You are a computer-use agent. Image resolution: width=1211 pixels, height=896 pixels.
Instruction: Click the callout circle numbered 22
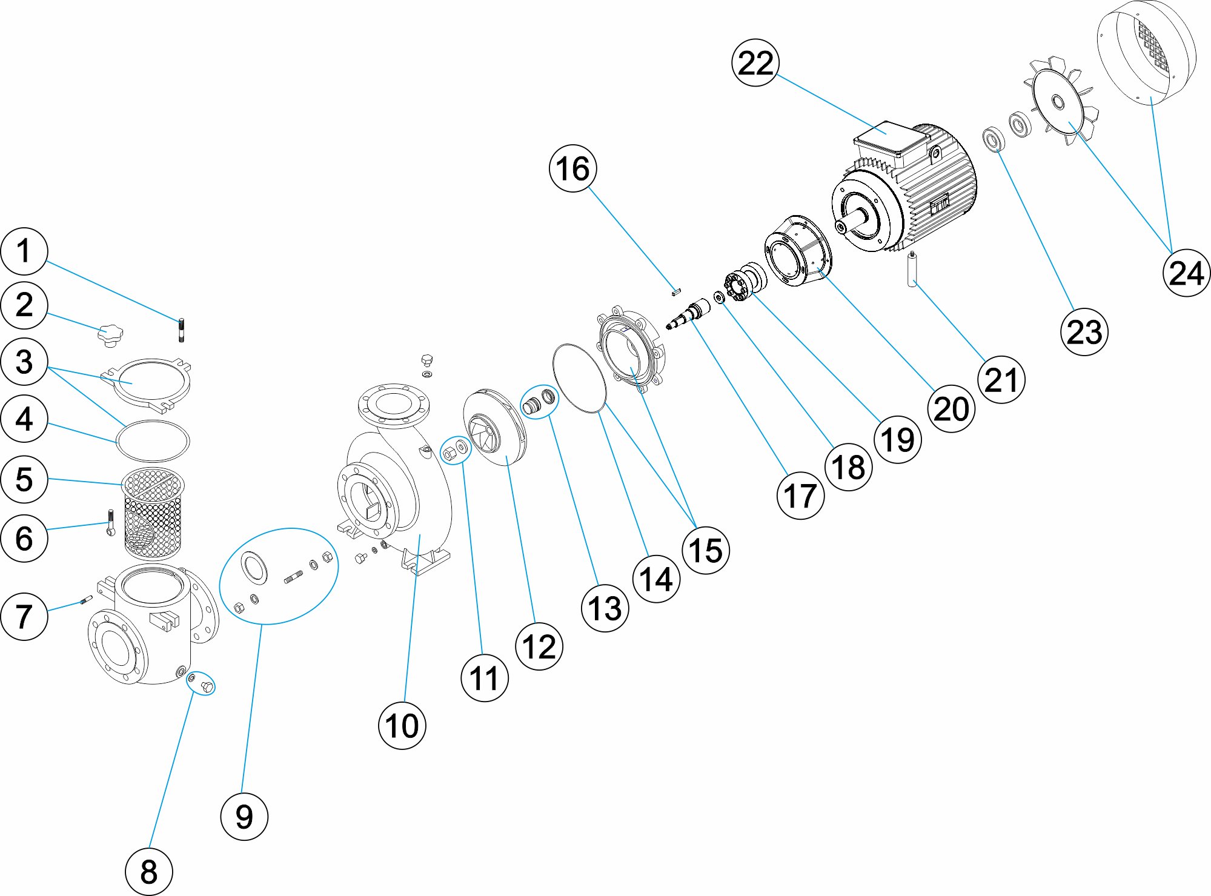pyautogui.click(x=755, y=63)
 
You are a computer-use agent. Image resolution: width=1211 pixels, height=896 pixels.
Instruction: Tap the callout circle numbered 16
pyautogui.click(x=572, y=168)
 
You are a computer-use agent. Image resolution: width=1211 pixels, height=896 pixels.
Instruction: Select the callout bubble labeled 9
pyautogui.click(x=244, y=816)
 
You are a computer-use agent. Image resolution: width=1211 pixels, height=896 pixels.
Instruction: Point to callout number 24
pyautogui.click(x=1186, y=273)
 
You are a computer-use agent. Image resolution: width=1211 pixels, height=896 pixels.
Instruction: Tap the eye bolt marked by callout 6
pyautogui.click(x=110, y=523)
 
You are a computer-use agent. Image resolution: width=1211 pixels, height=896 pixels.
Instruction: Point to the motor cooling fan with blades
pyautogui.click(x=1060, y=102)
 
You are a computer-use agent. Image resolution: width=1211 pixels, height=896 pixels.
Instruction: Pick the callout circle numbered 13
pyautogui.click(x=605, y=608)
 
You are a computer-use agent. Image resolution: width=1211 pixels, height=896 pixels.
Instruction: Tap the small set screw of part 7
pyautogui.click(x=85, y=600)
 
